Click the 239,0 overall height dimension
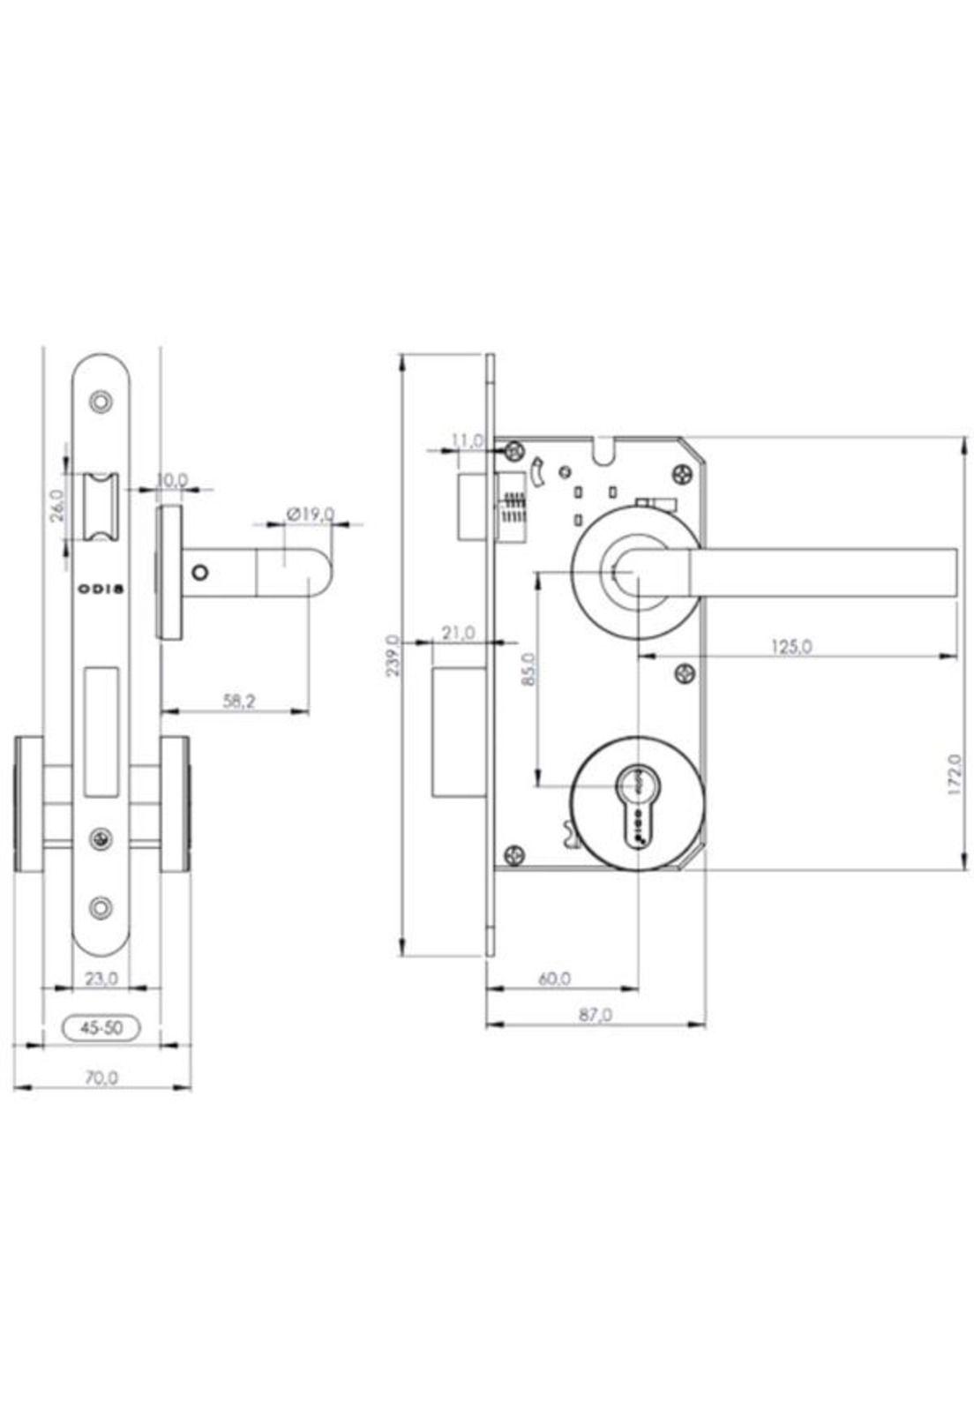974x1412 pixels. pos(393,655)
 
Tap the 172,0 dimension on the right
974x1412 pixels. pos(954,774)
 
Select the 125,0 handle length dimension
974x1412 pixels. pos(790,646)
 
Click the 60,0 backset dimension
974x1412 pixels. pos(554,978)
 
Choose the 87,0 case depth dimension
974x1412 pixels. pos(595,1015)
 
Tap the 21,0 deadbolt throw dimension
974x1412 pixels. pos(458,633)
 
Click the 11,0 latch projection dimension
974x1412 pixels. pos(468,439)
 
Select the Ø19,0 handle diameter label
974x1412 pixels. pos(310,513)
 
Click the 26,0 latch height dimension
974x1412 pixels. pos(56,506)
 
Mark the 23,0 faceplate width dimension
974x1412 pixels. pos(101,978)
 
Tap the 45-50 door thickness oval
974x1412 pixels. pos(101,1027)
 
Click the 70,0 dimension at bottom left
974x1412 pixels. pos(101,1078)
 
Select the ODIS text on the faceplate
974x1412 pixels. pos(101,589)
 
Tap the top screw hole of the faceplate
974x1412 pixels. pos(102,402)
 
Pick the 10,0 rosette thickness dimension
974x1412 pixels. pos(172,480)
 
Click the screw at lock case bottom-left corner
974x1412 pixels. pos(515,854)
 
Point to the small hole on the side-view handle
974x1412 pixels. pos(201,573)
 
